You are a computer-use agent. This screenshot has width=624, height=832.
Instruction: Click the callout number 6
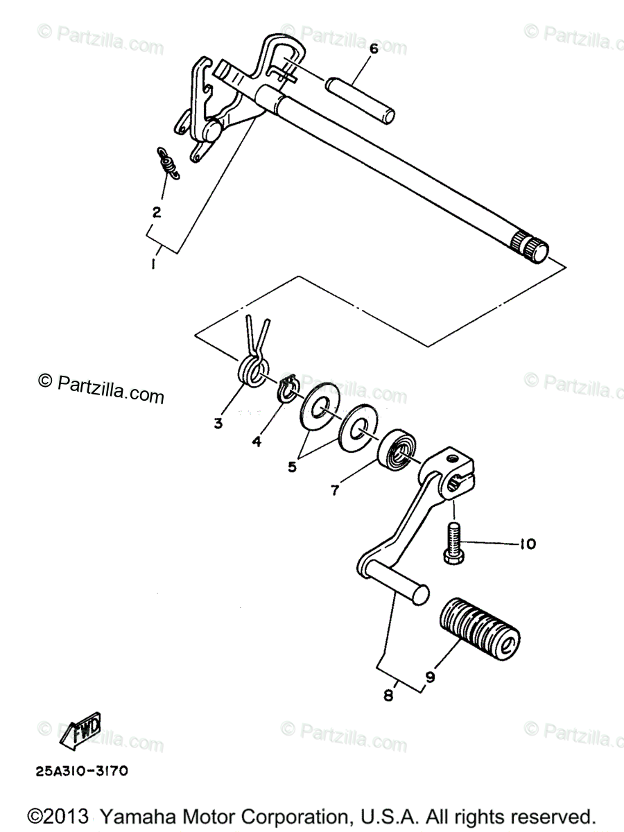coord(372,49)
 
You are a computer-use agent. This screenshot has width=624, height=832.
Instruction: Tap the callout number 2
coord(157,212)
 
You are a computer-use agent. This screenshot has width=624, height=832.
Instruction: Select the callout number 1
coord(153,264)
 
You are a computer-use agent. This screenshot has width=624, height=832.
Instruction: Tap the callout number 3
coord(218,423)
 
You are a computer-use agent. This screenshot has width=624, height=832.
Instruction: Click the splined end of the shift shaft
coord(530,245)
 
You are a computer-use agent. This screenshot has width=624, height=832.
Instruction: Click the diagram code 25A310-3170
coord(78,770)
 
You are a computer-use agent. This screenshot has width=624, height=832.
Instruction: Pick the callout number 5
coord(292,467)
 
